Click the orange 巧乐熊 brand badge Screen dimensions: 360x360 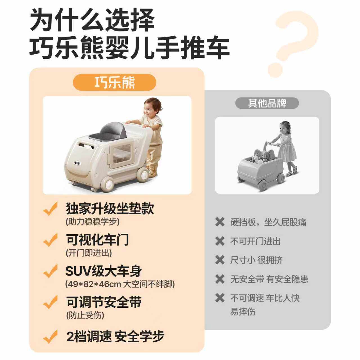pos(114,82)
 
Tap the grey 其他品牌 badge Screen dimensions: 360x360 pos(267,103)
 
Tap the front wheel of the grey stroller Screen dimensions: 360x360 pos(263,184)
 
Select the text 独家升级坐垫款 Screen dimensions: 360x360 pos(110,209)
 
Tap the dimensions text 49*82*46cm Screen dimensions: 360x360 pos(93,284)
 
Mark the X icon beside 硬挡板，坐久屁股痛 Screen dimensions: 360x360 pos(220,222)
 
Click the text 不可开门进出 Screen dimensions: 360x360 pos(255,241)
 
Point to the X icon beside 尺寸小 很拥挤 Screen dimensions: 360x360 pos(220,260)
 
